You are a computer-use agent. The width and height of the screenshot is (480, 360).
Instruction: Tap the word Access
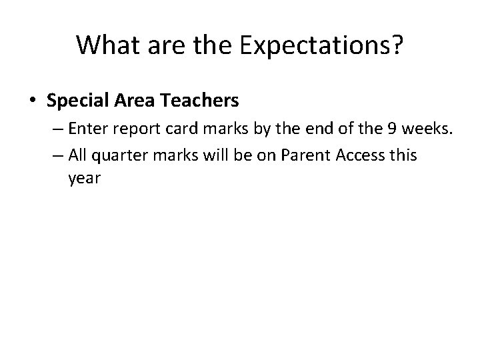coord(360,156)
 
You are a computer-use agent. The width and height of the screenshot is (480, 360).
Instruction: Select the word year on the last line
coord(83,179)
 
